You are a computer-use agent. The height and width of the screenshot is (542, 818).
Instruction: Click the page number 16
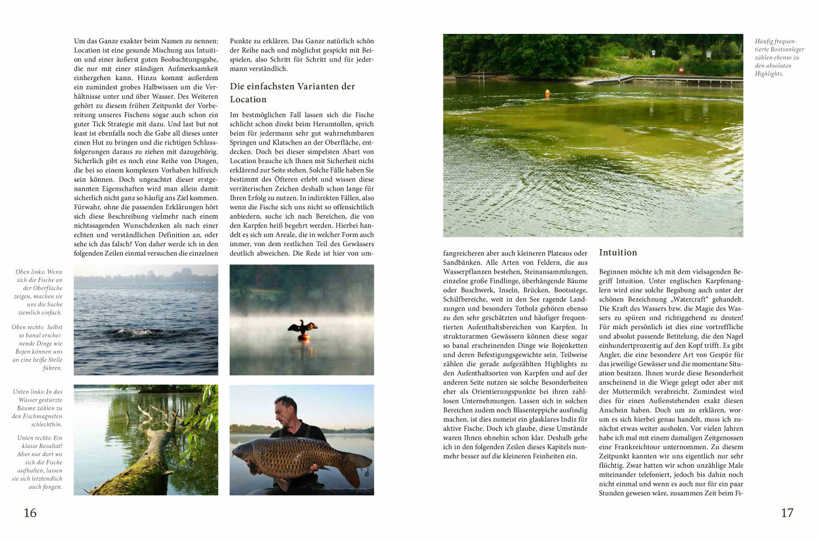tap(30, 513)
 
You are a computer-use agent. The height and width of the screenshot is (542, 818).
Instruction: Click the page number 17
tap(787, 513)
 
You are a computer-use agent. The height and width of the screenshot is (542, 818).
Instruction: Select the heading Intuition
tap(618, 253)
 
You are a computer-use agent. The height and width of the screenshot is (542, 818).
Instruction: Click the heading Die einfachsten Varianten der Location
tap(292, 93)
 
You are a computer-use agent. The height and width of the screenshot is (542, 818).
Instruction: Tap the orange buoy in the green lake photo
tap(547, 93)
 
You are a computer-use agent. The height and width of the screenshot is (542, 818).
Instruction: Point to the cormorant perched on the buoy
tap(302, 327)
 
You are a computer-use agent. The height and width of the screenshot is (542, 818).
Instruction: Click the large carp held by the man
tap(298, 458)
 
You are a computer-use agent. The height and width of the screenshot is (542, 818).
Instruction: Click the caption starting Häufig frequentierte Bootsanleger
tap(779, 57)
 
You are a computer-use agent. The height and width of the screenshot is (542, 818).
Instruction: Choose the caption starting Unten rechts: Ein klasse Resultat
tap(38, 462)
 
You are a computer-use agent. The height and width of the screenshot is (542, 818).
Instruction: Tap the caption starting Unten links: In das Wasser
tap(38, 408)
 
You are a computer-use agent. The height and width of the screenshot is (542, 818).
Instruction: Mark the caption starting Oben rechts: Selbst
tap(38, 347)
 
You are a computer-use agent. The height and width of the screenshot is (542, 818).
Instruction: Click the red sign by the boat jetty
tap(681, 70)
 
